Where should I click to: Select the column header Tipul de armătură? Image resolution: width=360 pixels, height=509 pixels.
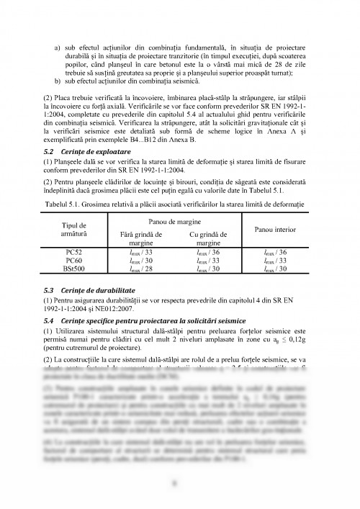pos(75,230)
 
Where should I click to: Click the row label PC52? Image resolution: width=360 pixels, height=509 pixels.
pos(75,251)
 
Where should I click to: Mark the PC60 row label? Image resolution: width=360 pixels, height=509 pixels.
pos(75,260)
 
